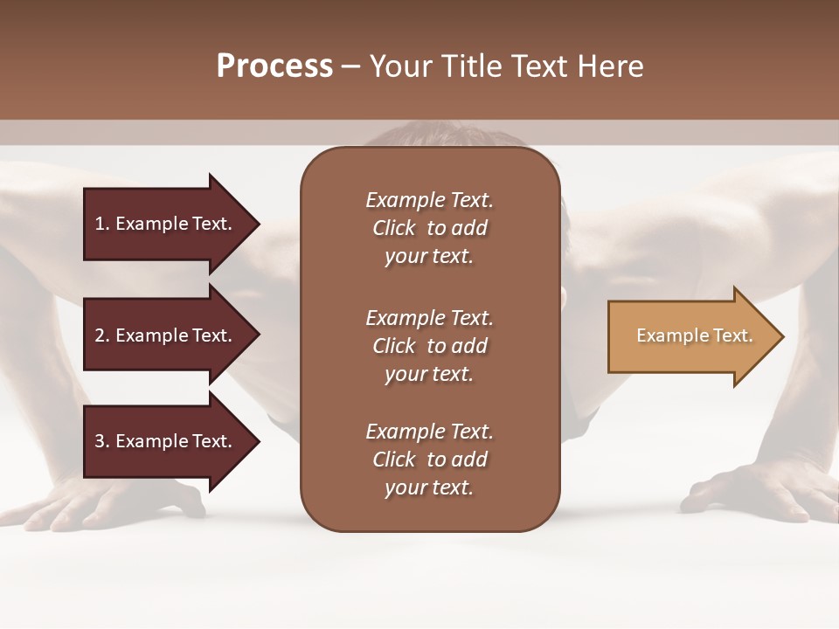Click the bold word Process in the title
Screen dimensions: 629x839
pyautogui.click(x=274, y=66)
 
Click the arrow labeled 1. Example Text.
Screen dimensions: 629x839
pyautogui.click(x=166, y=224)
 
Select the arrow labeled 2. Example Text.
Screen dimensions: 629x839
pyautogui.click(x=166, y=335)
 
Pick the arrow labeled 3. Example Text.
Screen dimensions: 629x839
pyautogui.click(x=166, y=441)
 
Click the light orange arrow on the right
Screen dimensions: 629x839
pyautogui.click(x=690, y=336)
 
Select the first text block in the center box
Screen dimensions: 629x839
pyautogui.click(x=429, y=228)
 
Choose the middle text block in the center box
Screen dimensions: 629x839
pyautogui.click(x=429, y=346)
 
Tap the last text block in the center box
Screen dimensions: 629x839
pyautogui.click(x=429, y=460)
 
